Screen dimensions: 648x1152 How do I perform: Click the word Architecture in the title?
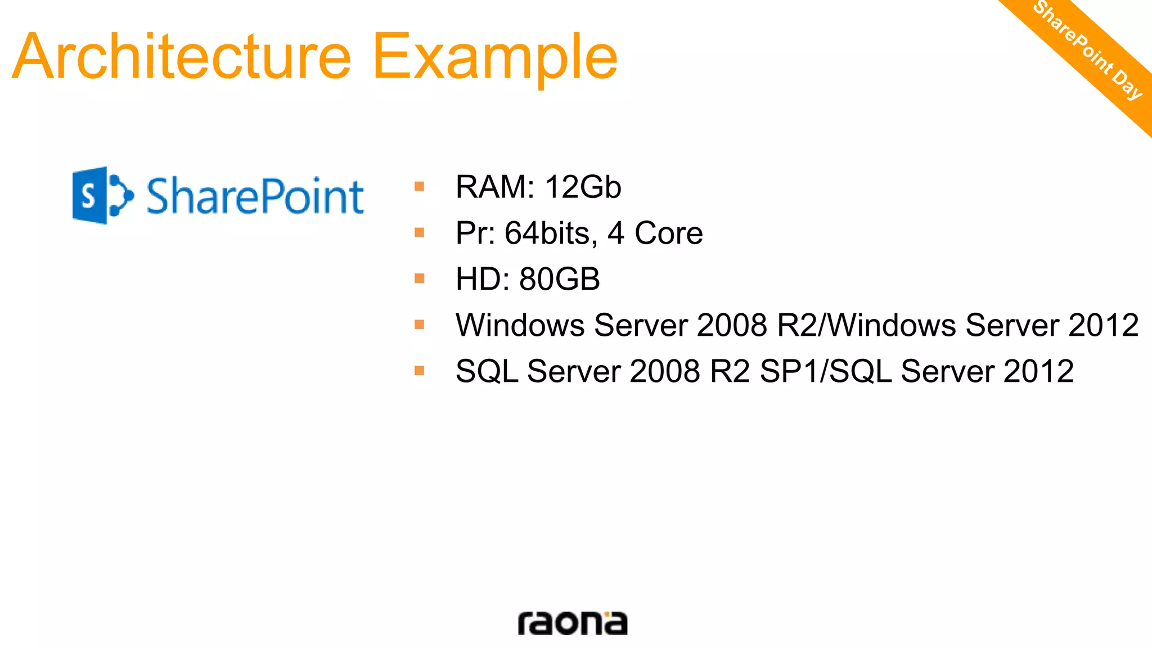181,56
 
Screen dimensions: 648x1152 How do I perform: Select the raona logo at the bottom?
572,623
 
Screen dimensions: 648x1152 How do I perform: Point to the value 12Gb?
583,187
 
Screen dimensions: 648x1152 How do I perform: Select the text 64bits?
551,233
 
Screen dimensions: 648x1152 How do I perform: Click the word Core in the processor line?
668,233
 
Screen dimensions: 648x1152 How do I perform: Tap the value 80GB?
560,280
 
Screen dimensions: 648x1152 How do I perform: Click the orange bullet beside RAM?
419,186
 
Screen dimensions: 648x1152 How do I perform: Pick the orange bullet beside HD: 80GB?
419,278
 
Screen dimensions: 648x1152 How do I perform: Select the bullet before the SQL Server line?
419,370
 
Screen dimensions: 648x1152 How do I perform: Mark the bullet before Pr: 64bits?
419,232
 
